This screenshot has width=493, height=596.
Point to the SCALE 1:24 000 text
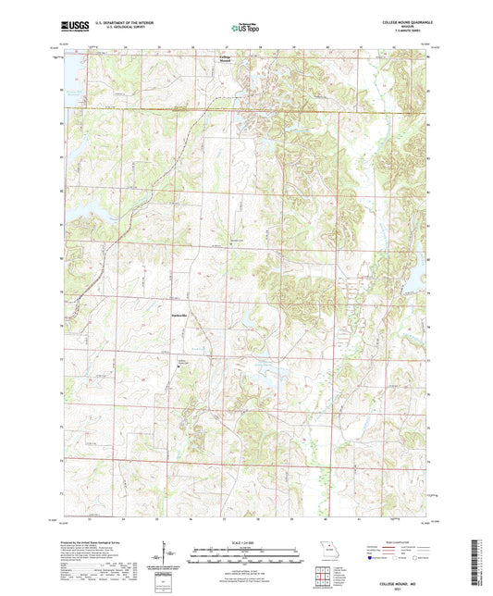(246, 543)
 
